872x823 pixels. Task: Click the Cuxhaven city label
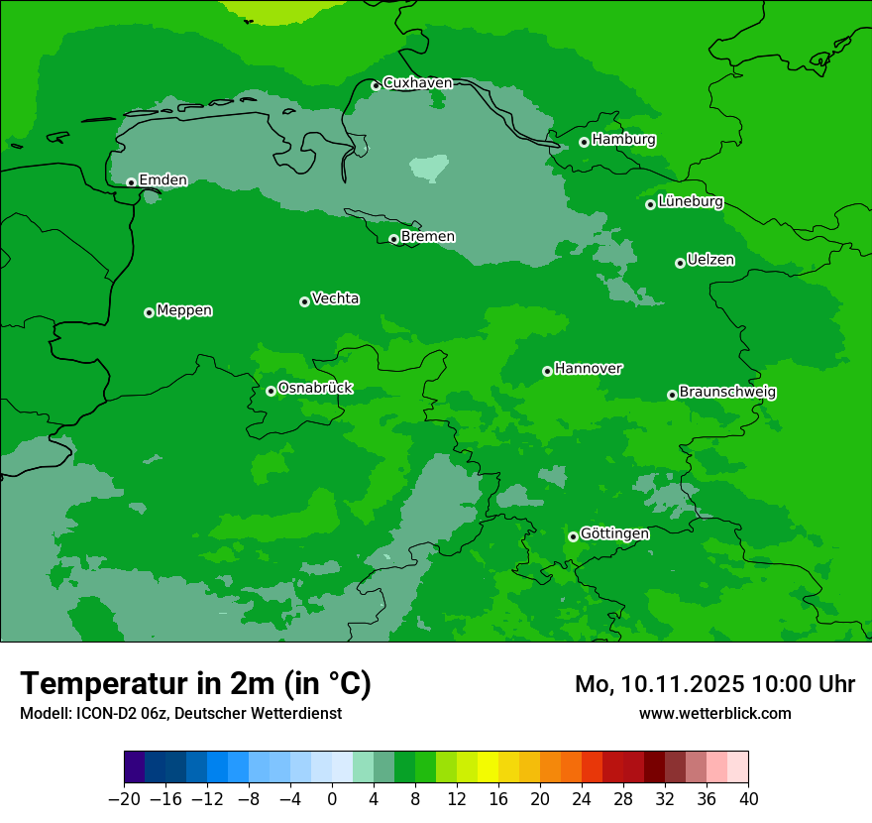[x=417, y=83]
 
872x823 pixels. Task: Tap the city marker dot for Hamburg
[x=585, y=142]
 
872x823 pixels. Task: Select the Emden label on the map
[x=163, y=180]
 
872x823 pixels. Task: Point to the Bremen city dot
[x=393, y=239]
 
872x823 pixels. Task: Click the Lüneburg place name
[x=691, y=201]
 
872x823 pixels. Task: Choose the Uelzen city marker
[x=680, y=263]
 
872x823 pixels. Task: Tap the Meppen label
[x=184, y=310]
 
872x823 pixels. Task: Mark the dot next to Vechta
[x=304, y=301]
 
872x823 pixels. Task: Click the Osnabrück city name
[x=315, y=389]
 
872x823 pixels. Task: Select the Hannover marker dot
[x=547, y=371]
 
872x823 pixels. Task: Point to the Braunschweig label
[x=727, y=393]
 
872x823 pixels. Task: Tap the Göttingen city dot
[x=573, y=536]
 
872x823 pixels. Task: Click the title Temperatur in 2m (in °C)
[x=195, y=684]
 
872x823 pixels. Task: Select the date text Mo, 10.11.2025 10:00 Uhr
[x=714, y=684]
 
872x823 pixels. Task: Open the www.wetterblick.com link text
[x=714, y=713]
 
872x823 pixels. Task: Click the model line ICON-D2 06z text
[x=180, y=713]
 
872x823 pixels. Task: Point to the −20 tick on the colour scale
[x=124, y=799]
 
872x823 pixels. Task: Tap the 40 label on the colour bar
[x=748, y=799]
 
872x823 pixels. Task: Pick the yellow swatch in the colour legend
[x=488, y=767]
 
